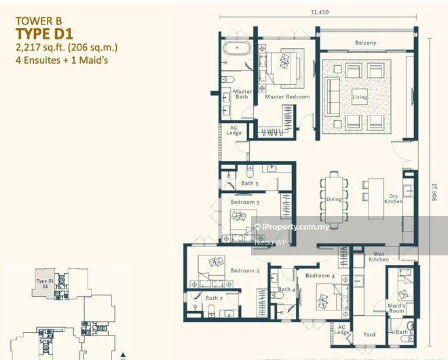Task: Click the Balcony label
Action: click(365, 43)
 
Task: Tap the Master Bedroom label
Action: click(287, 97)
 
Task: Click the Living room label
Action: click(359, 97)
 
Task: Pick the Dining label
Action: click(334, 200)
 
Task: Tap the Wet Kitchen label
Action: click(379, 256)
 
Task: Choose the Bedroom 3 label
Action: click(244, 202)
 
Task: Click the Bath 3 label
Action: click(249, 183)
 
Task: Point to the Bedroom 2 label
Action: click(243, 270)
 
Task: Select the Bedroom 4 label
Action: click(319, 276)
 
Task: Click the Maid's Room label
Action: click(396, 309)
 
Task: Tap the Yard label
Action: click(369, 334)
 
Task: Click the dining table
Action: click(334, 190)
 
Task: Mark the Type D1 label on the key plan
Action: click(45, 283)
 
